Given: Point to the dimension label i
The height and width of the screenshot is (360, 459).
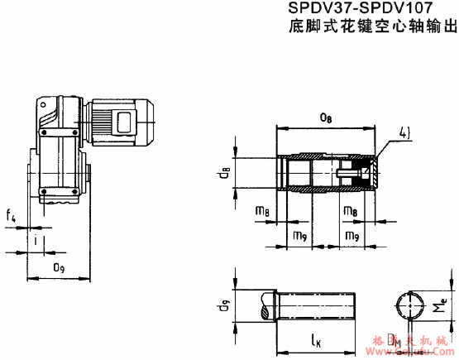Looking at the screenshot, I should (36, 242).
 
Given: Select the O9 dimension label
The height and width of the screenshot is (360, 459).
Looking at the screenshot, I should (59, 267).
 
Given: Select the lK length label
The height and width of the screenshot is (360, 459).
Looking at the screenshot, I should (317, 339).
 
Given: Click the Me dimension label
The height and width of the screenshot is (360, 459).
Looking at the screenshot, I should (443, 308).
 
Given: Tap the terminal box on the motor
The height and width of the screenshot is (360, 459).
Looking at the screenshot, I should (128, 122).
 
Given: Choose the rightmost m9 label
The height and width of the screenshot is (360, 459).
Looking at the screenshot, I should (351, 237).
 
